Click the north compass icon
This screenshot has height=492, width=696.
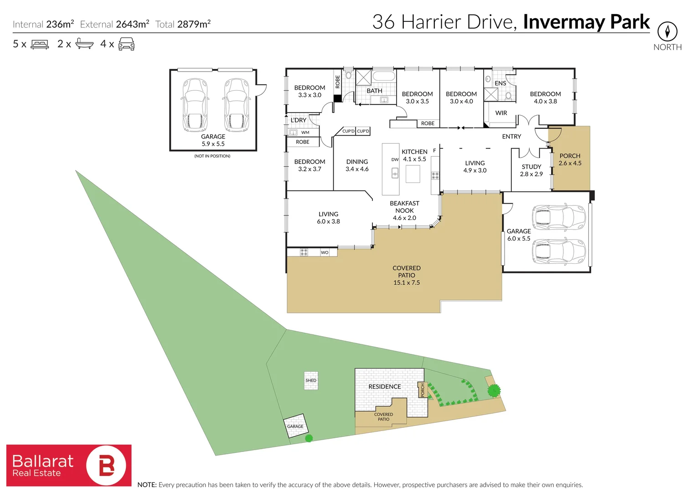tap(667, 32)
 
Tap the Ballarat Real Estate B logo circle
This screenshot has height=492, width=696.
tap(106, 465)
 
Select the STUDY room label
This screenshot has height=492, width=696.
tap(531, 170)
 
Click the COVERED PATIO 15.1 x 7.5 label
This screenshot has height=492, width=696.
tap(407, 275)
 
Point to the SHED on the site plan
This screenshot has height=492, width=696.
tap(311, 380)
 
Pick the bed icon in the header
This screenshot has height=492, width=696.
tap(40, 44)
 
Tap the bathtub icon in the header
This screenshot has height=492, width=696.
tap(84, 44)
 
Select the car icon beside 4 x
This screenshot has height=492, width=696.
tap(126, 44)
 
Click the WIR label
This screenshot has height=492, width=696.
tap(501, 113)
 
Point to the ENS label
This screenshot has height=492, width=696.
tap(500, 83)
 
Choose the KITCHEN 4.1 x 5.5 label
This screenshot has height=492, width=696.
tap(414, 155)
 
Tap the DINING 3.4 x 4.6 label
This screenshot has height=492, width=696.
tap(357, 165)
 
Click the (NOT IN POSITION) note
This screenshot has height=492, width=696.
tap(212, 156)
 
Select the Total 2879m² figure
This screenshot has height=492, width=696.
tap(183, 24)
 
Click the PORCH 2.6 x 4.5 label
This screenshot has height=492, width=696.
tap(570, 159)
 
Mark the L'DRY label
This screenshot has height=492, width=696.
tap(299, 120)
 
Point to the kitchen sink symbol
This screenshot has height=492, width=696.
tap(395, 173)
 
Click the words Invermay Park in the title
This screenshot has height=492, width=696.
tap(586, 22)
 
